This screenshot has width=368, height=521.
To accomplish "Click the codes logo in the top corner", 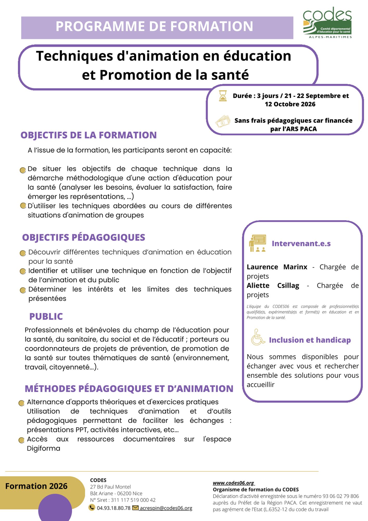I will pos(327,23).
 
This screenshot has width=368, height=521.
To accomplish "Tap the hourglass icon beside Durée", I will pos(223,96).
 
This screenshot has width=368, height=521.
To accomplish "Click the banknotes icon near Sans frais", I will pos(223,121).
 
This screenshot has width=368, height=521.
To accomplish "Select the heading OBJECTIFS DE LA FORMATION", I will pos(88,135).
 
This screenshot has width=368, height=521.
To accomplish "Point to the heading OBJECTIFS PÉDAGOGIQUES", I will pos(84,237).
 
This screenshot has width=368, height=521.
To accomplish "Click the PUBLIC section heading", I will pos(46,316).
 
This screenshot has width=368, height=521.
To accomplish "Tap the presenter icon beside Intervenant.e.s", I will pos(257,243).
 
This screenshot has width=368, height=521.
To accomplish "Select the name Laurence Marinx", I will pos(277,267).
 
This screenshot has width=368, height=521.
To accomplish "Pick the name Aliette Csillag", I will pos(273,286).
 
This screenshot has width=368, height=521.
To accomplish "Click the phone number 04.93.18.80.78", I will pos(113,508).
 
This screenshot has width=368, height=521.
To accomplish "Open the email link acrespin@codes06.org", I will pos(166,508).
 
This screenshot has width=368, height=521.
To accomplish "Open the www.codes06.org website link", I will pos(233,483).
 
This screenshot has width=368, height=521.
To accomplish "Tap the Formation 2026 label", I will pos(36,486).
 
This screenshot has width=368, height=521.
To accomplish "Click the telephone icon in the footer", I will pos(92,507).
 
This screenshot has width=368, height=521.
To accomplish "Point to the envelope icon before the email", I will pos(135,508).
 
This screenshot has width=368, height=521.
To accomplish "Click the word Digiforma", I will pos(43,448).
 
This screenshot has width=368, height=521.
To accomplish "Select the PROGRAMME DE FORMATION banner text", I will pos(154,26).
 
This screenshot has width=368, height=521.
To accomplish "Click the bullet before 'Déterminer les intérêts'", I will pos(23,290).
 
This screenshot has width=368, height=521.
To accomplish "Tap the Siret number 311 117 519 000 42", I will pos(133,500).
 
